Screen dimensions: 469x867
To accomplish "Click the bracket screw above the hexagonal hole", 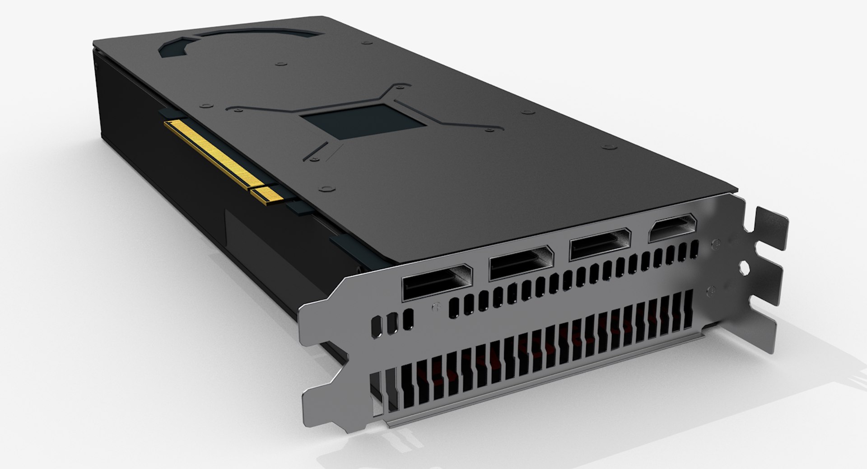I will point(715,244).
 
